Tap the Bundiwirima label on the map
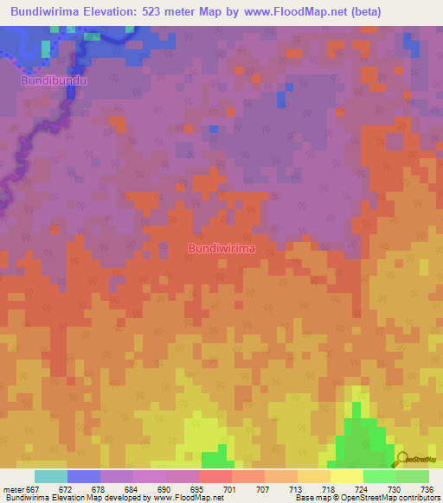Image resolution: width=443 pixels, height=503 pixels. tap(221, 248)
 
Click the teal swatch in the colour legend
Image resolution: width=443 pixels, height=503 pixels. tap(51, 476)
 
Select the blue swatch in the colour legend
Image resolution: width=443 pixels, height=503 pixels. tap(84, 476)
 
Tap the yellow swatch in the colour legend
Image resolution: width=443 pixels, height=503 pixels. tap(347, 476)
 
